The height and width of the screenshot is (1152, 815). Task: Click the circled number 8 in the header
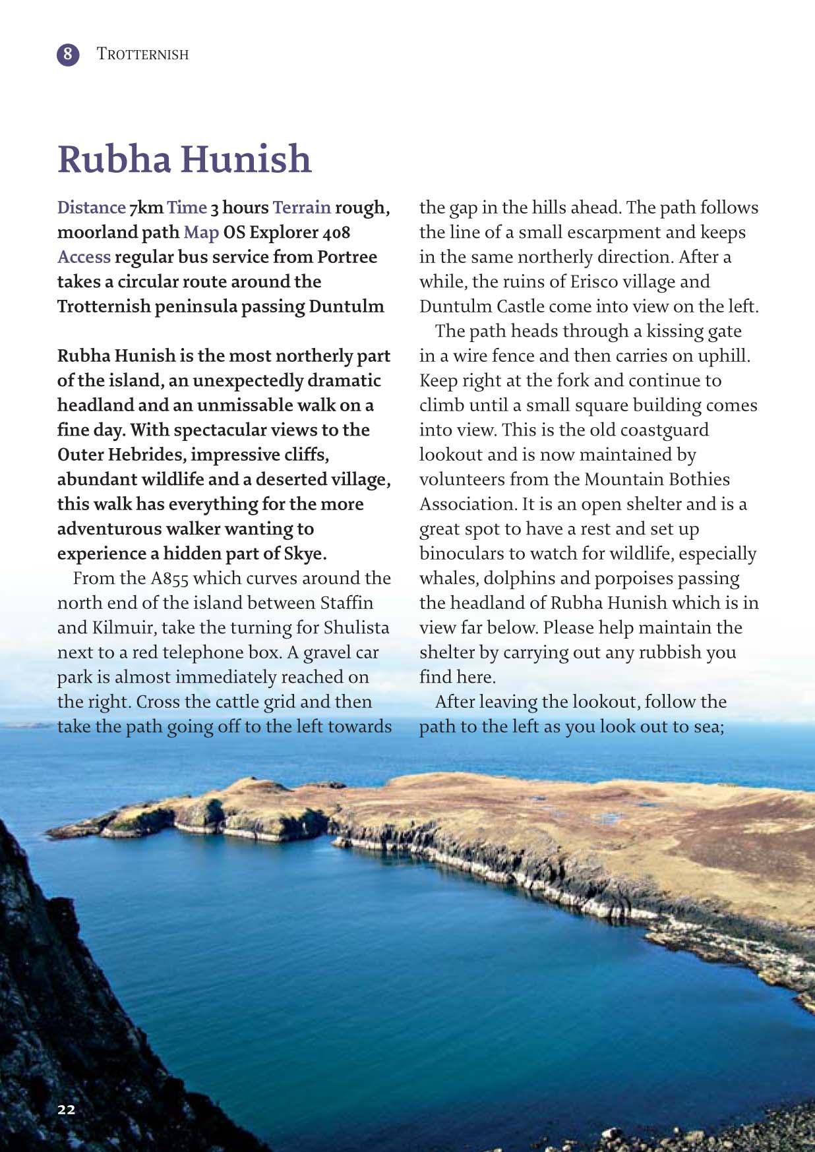pos(68,54)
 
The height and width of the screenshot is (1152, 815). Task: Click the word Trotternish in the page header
pos(142,54)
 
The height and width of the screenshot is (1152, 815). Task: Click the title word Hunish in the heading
pos(246,159)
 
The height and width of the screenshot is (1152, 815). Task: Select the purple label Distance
pos(91,208)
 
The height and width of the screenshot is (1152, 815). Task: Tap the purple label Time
pos(187,208)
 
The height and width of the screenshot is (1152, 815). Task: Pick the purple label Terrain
pos(301,208)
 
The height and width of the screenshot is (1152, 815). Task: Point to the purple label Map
pos(201,233)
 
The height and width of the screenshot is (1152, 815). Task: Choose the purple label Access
pos(84,257)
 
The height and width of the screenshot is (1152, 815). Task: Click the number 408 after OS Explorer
pos(336,233)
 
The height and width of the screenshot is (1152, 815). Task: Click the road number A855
pos(169,579)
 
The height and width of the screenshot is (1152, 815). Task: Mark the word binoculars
pos(469,554)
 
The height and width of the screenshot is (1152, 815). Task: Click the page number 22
pos(67,1109)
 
